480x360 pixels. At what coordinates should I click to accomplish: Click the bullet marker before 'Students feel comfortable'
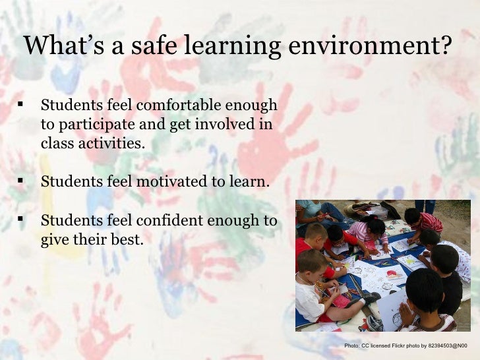[20, 105]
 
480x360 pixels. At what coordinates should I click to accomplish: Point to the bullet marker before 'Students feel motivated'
[20, 181]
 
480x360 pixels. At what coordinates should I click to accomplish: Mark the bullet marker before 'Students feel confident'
[20, 220]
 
